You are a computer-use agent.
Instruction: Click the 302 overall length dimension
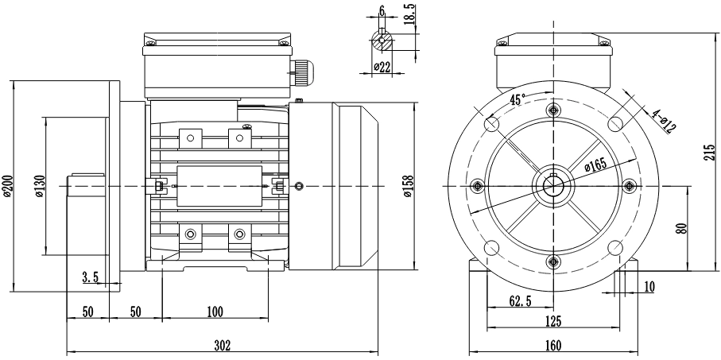223,345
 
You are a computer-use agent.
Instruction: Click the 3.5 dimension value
90,277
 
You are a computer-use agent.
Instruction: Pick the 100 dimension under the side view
215,312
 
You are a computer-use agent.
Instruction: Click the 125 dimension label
553,322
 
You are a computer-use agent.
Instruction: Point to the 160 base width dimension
553,345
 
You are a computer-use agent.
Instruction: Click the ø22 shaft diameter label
383,68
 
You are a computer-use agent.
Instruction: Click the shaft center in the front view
553,186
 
